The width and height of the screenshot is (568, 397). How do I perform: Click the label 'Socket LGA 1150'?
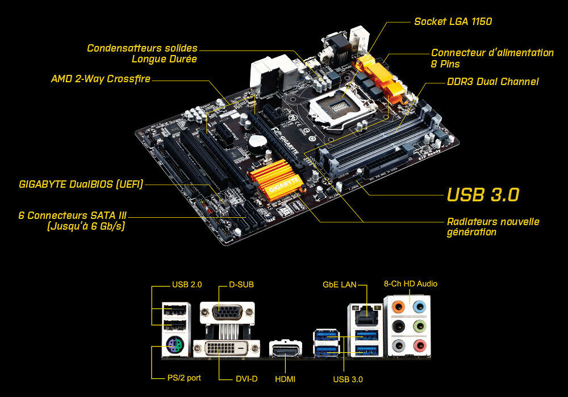click(x=453, y=22)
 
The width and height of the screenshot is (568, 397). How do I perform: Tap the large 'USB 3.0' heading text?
click(x=483, y=195)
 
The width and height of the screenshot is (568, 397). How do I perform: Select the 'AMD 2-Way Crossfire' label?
click(x=101, y=79)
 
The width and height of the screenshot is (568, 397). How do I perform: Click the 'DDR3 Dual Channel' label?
click(x=492, y=82)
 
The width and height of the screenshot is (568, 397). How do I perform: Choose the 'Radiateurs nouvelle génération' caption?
click(x=492, y=227)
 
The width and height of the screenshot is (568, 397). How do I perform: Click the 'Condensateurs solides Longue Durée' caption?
click(x=142, y=53)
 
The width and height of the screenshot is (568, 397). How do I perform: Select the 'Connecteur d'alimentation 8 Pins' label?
click(x=492, y=58)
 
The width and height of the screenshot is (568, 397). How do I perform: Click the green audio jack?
click(x=419, y=326)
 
